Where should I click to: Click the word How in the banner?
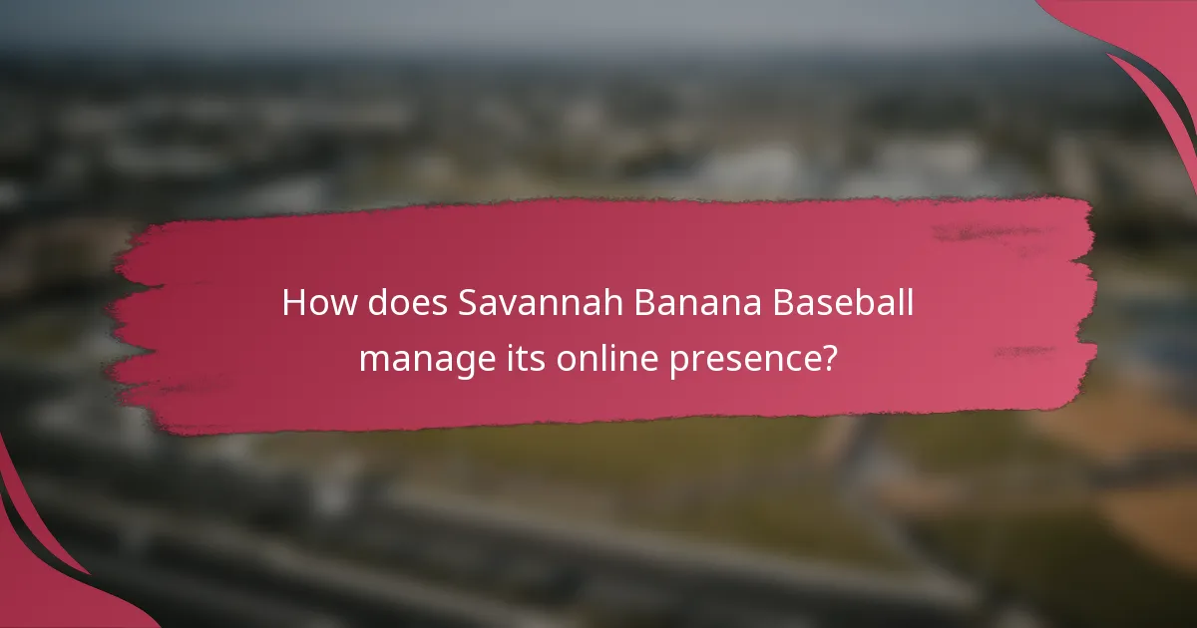click(312, 303)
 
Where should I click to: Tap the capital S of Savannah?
click(469, 303)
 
